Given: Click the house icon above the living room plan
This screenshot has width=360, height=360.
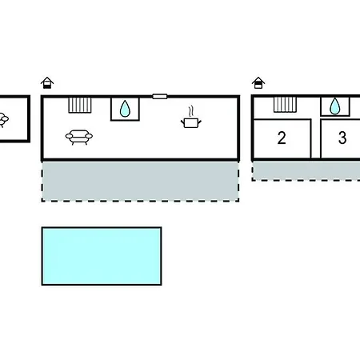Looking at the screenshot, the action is [47, 82].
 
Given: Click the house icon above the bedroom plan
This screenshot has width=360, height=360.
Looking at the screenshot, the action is [258, 82].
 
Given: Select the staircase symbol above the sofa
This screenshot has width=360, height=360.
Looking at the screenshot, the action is [80, 106].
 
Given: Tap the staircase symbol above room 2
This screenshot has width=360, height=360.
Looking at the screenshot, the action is [285, 105].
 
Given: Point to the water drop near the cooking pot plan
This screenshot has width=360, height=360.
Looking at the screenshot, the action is [125, 109].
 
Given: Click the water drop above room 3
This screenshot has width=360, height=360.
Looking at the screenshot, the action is [335, 106].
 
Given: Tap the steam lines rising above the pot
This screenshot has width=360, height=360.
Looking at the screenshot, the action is [190, 112].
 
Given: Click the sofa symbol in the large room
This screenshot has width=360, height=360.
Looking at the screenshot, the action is [79, 137].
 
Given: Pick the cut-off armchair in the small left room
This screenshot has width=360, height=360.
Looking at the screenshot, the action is [4, 120].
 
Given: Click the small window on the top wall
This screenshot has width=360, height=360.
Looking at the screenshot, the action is [160, 96].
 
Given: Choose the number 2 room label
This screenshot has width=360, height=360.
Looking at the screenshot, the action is [282, 138].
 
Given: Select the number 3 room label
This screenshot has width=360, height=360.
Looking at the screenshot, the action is [342, 138].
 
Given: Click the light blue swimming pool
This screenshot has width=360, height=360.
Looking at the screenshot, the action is [102, 256].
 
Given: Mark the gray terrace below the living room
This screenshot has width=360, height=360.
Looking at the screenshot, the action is [140, 181].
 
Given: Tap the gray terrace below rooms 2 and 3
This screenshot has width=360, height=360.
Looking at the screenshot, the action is [306, 170].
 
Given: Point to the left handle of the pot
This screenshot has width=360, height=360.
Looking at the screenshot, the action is [182, 122].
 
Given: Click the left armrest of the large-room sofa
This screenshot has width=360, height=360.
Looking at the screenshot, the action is [69, 136].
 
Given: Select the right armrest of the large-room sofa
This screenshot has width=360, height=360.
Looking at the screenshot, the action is [89, 136].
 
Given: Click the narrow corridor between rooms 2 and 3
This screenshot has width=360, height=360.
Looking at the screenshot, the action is [316, 138].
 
